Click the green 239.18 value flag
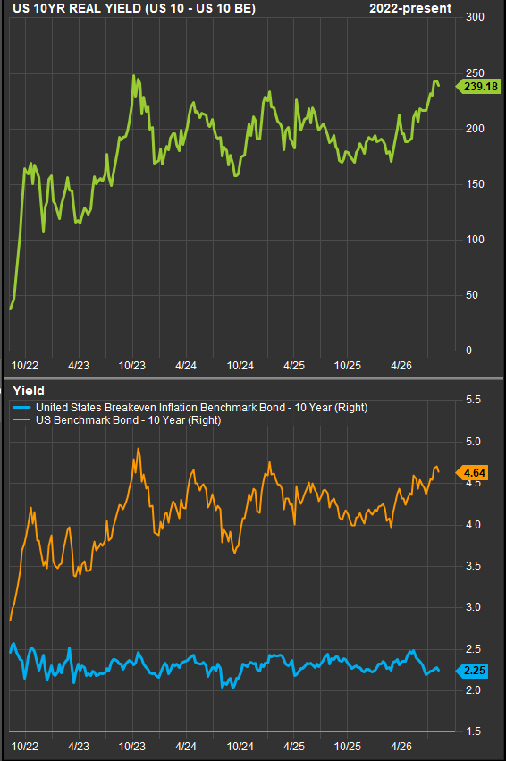click(478, 87)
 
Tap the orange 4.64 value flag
click(472, 473)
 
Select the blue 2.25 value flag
click(472, 671)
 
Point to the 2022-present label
click(410, 8)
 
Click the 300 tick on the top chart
click(475, 17)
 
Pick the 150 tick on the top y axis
click(475, 184)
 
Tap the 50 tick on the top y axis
click(471, 295)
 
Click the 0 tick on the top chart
click(468, 351)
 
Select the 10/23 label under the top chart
click(132, 366)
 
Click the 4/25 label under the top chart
click(294, 366)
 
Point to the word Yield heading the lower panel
click(28, 391)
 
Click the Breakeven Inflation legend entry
click(202, 408)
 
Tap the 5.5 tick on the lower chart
click(473, 400)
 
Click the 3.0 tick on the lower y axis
click(473, 607)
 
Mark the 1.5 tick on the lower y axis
click(473, 731)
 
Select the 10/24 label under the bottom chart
click(240, 746)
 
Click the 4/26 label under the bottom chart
click(401, 746)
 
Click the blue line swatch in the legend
click(22, 408)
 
